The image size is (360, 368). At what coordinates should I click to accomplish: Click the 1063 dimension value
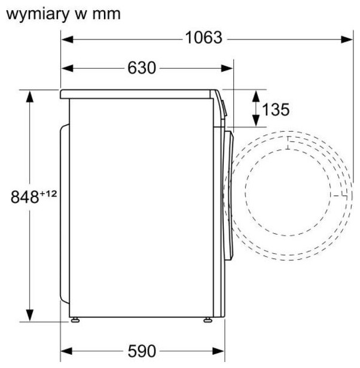(203, 38)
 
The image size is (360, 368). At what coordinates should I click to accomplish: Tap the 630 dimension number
(142, 68)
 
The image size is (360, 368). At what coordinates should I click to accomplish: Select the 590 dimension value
(142, 351)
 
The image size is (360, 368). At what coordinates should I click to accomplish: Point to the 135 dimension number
(276, 110)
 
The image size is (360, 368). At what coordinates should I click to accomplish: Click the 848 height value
(25, 197)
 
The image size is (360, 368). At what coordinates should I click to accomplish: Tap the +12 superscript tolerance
(48, 194)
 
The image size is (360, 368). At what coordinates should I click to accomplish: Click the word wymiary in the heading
(38, 14)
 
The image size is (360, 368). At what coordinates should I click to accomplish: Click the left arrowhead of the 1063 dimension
(67, 39)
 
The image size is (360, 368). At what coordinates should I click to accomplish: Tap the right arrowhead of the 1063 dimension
(347, 39)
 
